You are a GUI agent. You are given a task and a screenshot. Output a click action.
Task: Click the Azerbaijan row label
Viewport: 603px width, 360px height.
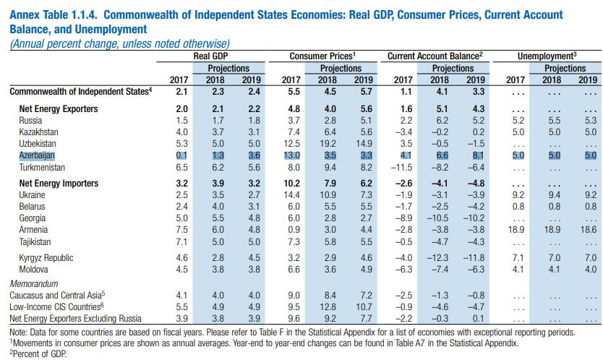click(38, 155)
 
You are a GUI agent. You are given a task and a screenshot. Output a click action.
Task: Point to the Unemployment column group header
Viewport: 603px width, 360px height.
click(547, 56)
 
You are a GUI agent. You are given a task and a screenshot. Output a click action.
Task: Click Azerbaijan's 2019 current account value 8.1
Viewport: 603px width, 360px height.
click(475, 155)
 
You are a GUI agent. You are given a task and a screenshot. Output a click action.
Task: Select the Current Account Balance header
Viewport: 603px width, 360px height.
click(434, 56)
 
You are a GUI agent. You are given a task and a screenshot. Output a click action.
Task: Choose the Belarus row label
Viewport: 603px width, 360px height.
click(33, 206)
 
